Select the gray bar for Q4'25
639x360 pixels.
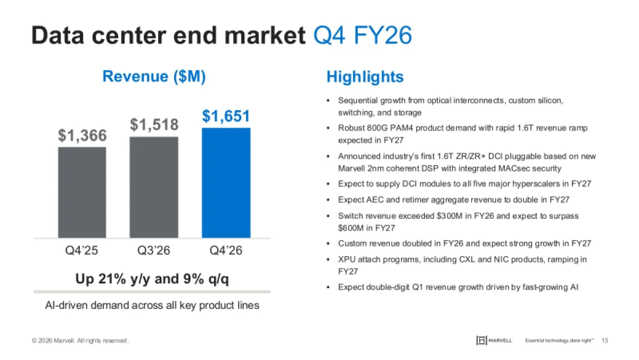(82, 192)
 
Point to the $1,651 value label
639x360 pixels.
(226, 117)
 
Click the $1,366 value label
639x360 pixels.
(83, 136)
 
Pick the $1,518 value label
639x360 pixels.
(154, 125)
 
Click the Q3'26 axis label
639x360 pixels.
(154, 250)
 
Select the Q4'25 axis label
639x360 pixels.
(82, 250)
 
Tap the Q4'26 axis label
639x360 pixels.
(226, 250)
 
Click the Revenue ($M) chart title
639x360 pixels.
(154, 77)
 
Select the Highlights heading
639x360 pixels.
(365, 77)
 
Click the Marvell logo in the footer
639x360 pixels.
(495, 340)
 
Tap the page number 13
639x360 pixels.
(604, 340)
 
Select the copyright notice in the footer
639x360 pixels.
(80, 341)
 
